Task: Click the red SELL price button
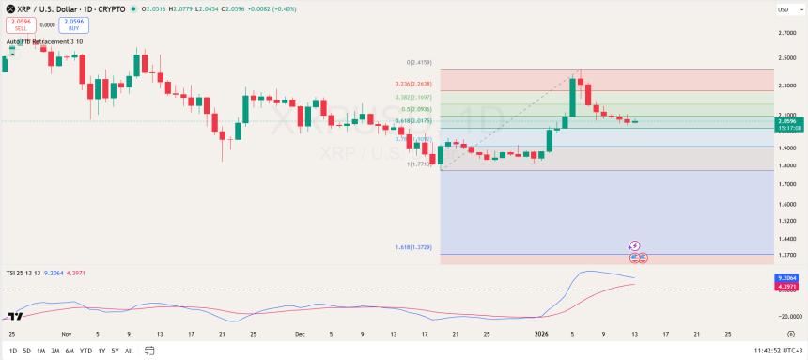21,25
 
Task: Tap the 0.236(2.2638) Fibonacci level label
413,84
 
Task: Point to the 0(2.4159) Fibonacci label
419,62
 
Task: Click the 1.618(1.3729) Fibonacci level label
413,247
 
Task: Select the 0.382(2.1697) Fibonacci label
413,97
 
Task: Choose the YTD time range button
85,351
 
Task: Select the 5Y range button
115,351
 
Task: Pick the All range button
129,351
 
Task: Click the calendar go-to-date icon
148,351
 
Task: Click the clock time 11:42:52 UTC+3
767,351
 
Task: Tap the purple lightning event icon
634,245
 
